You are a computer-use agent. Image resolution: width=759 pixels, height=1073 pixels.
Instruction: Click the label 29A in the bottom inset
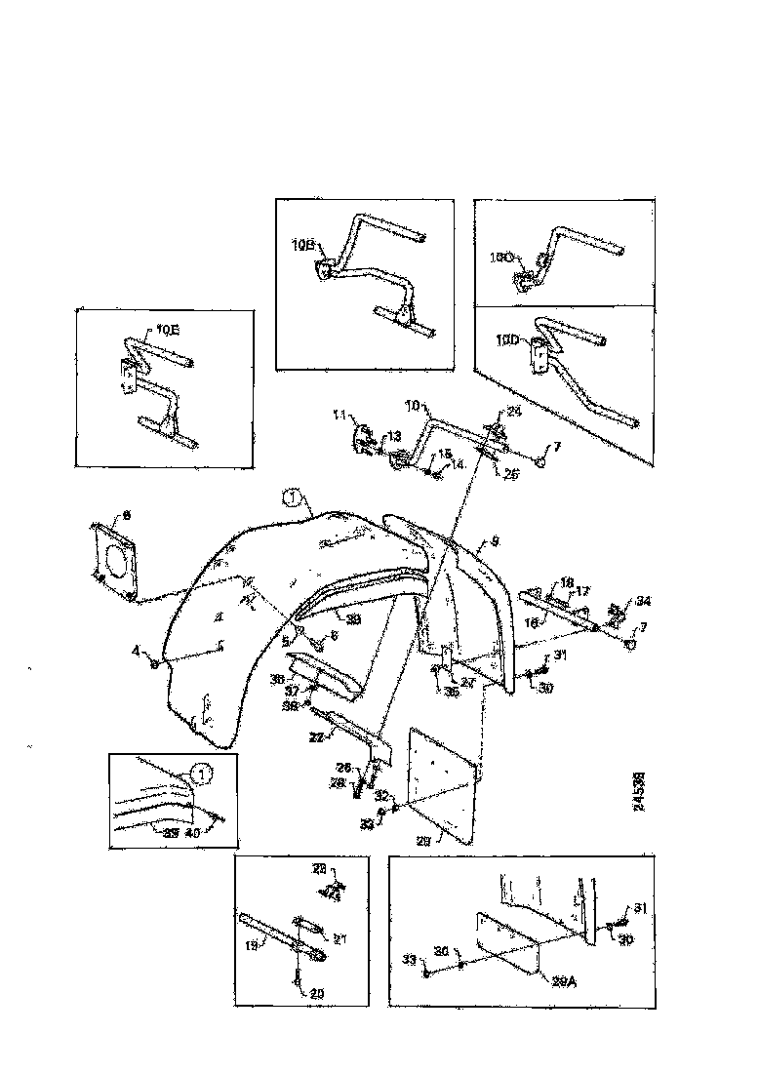pyautogui.click(x=539, y=984)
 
